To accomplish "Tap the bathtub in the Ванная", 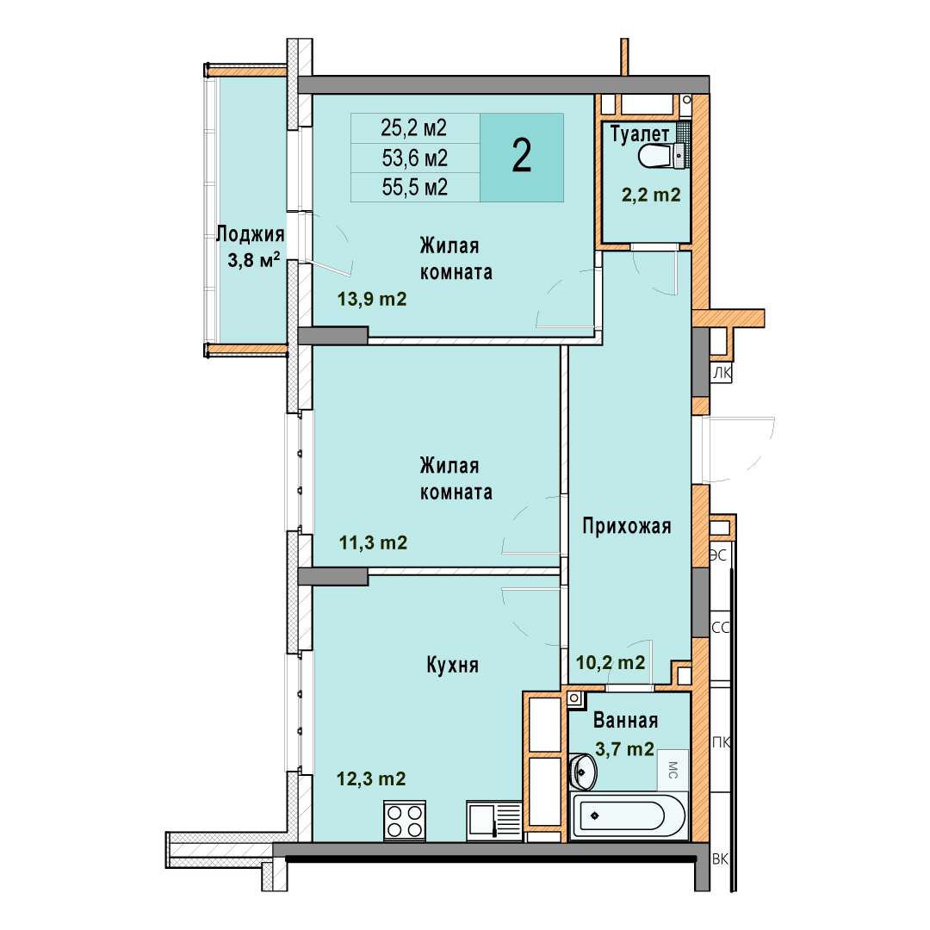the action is click(x=629, y=816).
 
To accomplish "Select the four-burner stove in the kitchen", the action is click(x=405, y=821).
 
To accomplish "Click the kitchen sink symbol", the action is click(x=494, y=821).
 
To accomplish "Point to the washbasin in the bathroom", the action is click(x=582, y=772).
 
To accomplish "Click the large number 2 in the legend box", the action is click(x=521, y=155).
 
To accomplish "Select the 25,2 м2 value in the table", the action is click(x=414, y=127).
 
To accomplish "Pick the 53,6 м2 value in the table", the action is click(x=414, y=158).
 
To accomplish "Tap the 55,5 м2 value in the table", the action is click(x=414, y=188).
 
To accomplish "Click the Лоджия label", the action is click(x=251, y=234).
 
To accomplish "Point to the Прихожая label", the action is click(x=626, y=525).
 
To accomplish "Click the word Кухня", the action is click(x=453, y=665).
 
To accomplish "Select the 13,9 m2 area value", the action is click(x=372, y=298).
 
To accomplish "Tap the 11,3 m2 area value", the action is click(x=373, y=542).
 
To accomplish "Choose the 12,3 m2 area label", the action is click(x=371, y=778).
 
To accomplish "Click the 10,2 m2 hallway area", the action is click(x=611, y=662).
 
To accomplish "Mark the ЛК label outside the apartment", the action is click(x=722, y=373).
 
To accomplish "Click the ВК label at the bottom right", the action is click(x=720, y=859).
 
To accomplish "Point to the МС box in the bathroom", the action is click(x=673, y=770).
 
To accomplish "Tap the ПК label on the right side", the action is click(x=721, y=742).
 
